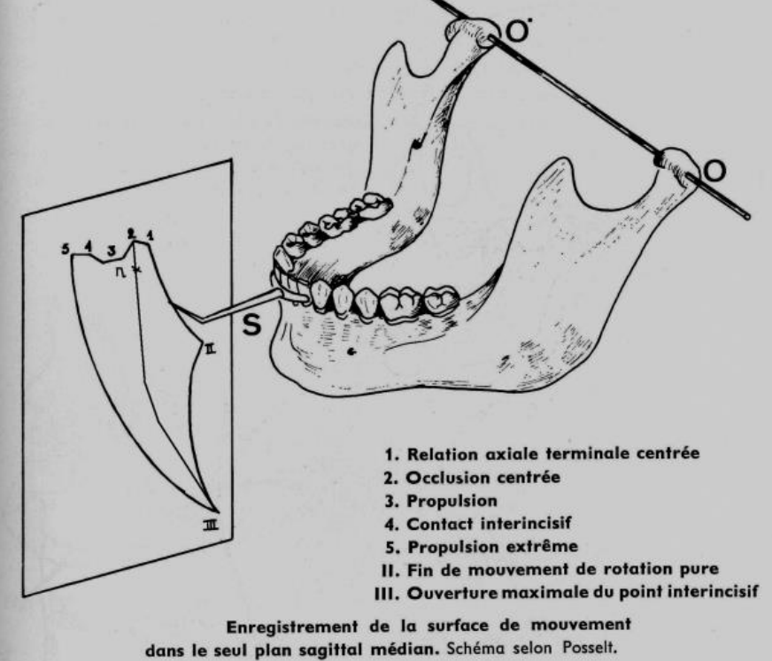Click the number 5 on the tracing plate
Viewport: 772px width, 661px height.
[66, 248]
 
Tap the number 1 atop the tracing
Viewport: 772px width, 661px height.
[151, 236]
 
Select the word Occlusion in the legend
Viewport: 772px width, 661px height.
[444, 477]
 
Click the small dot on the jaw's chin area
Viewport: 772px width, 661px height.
[351, 351]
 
